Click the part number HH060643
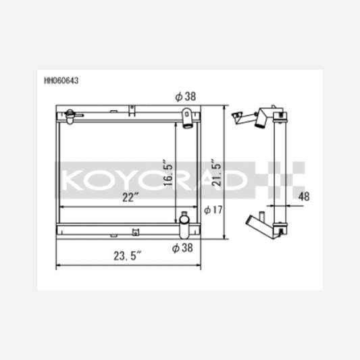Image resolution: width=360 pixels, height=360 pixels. click(x=61, y=80)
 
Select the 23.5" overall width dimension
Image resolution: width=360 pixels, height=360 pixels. click(x=128, y=256)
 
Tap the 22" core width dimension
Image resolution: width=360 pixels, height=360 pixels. click(x=130, y=197)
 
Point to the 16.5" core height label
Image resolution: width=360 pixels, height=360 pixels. click(x=168, y=172)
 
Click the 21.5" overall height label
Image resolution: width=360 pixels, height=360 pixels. click(x=216, y=172)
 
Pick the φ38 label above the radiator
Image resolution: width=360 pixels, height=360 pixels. click(x=186, y=97)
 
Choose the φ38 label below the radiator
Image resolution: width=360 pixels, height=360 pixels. click(x=182, y=248)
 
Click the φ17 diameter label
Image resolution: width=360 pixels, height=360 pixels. click(x=213, y=210)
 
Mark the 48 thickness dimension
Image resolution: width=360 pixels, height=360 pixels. click(x=304, y=197)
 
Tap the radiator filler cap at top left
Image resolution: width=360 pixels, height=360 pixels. click(x=70, y=116)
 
